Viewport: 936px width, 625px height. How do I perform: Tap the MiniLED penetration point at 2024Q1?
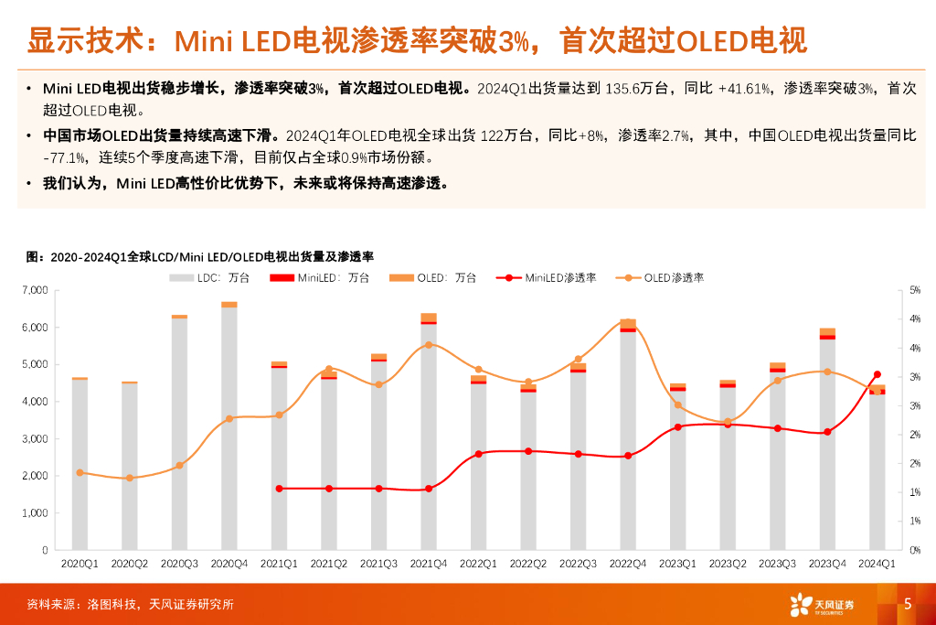(877, 374)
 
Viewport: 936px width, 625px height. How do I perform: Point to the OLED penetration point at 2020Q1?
(80, 472)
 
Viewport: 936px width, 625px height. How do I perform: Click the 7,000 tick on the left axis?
(36, 290)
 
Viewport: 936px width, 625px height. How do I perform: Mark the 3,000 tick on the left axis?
(36, 438)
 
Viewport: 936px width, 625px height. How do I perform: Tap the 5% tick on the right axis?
(915, 290)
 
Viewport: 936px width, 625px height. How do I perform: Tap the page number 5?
(908, 603)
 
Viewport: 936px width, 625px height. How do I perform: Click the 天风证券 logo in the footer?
(823, 604)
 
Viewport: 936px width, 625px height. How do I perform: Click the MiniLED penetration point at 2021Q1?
(279, 489)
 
